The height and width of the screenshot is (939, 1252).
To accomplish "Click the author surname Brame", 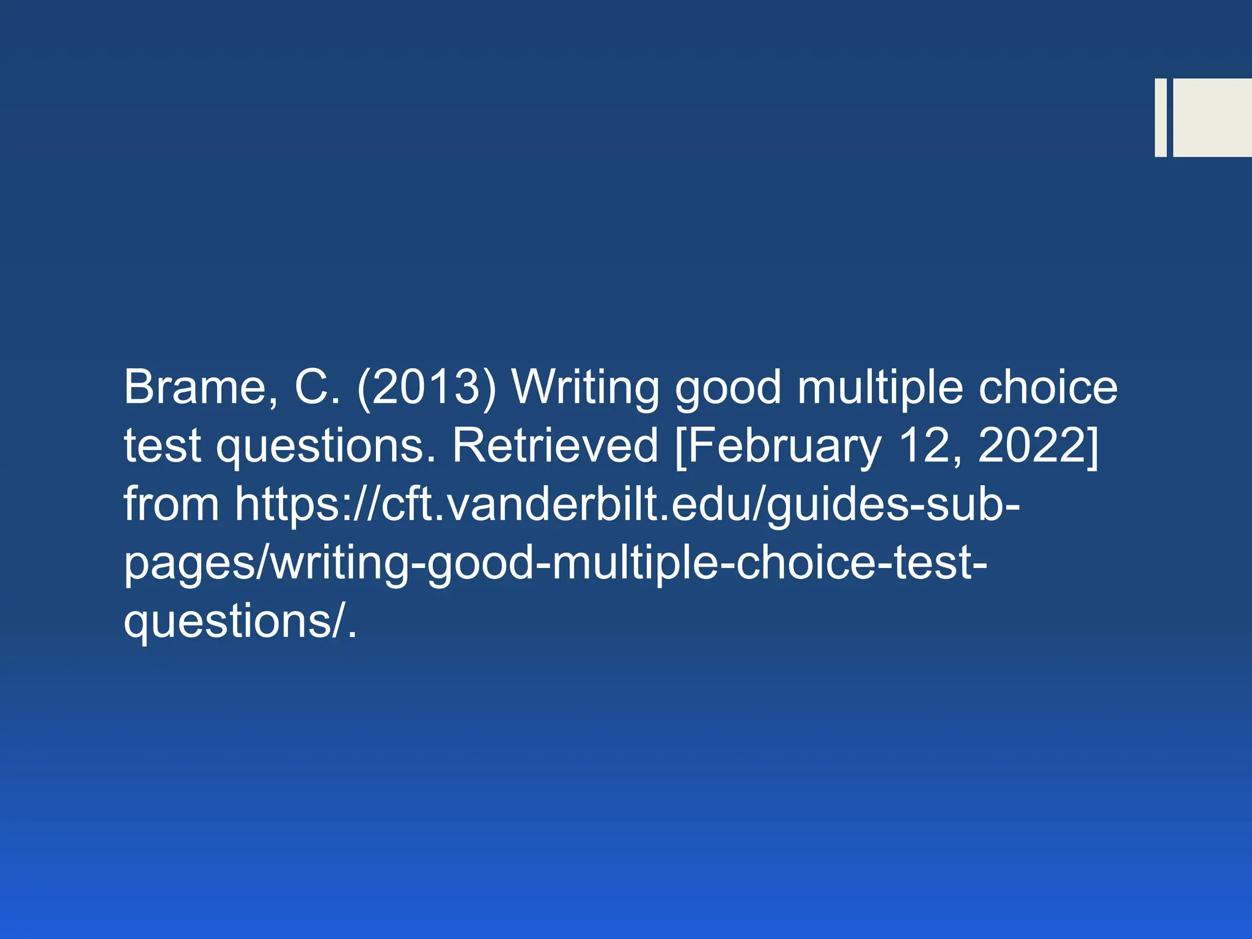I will click(x=194, y=388).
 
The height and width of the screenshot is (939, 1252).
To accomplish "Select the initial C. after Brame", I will click(x=317, y=388).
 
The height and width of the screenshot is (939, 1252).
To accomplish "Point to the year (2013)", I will click(x=427, y=388).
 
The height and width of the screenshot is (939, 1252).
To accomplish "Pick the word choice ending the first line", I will click(x=1048, y=388).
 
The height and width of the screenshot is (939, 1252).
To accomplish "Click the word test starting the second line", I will click(x=162, y=446).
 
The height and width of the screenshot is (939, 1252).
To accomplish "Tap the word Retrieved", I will click(x=555, y=446).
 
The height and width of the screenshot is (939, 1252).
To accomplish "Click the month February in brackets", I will click(x=779, y=447).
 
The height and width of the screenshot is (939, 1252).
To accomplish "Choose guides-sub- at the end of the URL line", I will click(x=893, y=505).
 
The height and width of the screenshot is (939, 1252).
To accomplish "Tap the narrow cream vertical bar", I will click(x=1160, y=117).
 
